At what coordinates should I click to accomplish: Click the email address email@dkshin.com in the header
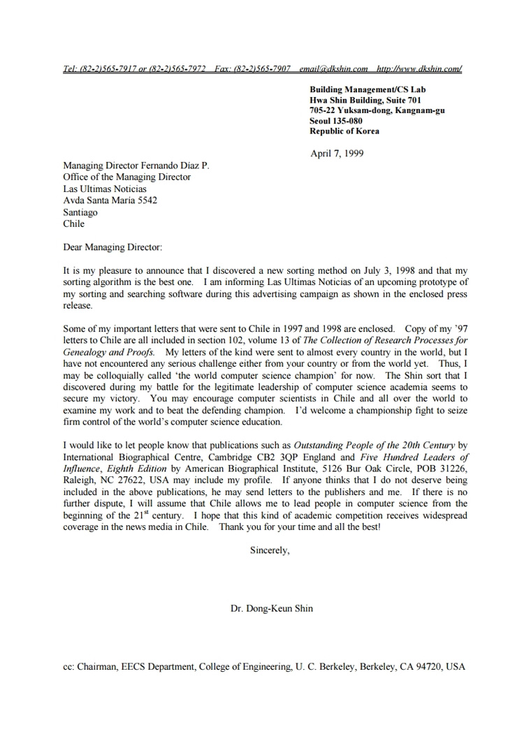[x=333, y=69]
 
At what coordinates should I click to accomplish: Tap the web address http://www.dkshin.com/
[x=419, y=69]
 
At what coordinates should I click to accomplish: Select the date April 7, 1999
[x=336, y=154]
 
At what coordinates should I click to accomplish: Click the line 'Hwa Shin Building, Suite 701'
[x=365, y=100]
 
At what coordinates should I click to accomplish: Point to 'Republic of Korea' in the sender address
[x=344, y=131]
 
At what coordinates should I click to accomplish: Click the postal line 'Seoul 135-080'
[x=336, y=121]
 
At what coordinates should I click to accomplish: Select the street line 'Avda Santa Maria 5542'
[x=110, y=200]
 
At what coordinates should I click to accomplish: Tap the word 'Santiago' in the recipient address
[x=80, y=212]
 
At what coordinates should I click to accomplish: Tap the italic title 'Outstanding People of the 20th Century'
[x=374, y=445]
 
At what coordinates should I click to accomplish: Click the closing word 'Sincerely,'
[x=270, y=550]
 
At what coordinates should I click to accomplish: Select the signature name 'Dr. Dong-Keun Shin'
[x=272, y=608]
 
